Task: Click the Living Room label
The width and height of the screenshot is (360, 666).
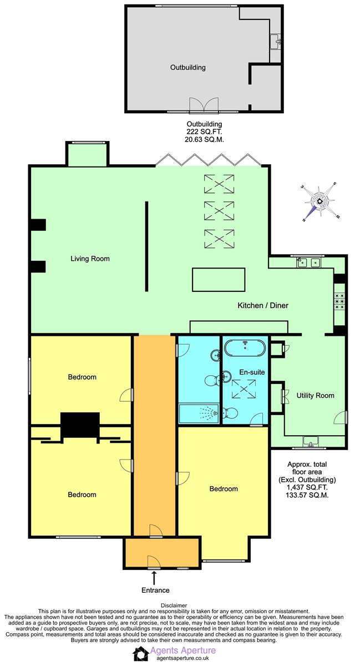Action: coord(90,259)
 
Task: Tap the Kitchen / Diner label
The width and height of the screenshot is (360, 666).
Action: coord(263,305)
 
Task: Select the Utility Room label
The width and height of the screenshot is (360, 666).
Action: coord(316,396)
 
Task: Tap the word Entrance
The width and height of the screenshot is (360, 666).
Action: coord(155,591)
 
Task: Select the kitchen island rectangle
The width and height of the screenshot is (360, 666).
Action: coord(219,280)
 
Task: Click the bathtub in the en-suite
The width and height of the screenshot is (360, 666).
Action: coord(245,348)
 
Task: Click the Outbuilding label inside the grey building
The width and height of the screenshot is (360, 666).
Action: coord(187,68)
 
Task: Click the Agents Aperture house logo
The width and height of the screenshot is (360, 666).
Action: coord(141,654)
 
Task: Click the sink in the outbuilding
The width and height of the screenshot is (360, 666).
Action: coord(276,41)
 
